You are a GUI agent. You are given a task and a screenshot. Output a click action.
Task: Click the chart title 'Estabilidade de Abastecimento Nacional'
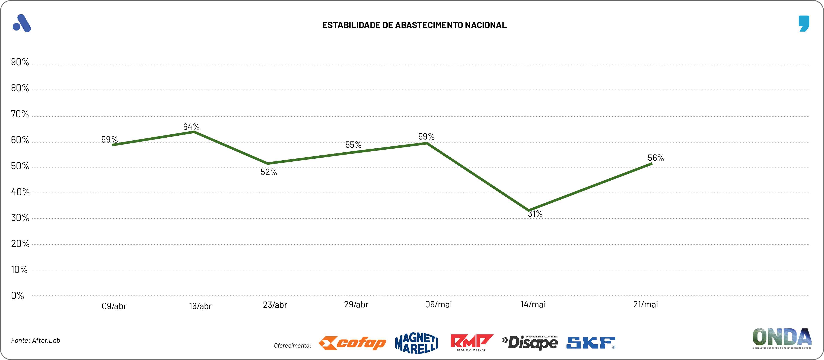click(414, 25)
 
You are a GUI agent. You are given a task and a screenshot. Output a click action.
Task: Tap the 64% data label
click(191, 127)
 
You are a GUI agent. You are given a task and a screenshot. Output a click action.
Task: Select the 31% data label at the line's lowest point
click(535, 214)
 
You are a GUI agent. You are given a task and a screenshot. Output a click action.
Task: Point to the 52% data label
click(269, 172)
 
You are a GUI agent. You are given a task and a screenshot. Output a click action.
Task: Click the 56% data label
click(656, 158)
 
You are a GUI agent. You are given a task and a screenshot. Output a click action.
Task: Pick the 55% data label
click(353, 145)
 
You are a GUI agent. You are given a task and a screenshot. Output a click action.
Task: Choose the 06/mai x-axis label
click(438, 304)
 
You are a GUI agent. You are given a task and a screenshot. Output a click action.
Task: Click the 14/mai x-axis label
click(533, 304)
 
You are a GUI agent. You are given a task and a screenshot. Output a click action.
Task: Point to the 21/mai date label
click(645, 304)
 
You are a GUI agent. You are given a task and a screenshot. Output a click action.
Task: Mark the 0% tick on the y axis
click(18, 295)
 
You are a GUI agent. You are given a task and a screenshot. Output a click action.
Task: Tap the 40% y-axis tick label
click(20, 192)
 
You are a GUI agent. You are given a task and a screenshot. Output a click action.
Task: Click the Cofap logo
click(352, 343)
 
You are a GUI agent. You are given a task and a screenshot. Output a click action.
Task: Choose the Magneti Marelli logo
click(416, 343)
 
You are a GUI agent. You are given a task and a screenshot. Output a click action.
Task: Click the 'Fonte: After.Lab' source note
click(35, 340)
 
